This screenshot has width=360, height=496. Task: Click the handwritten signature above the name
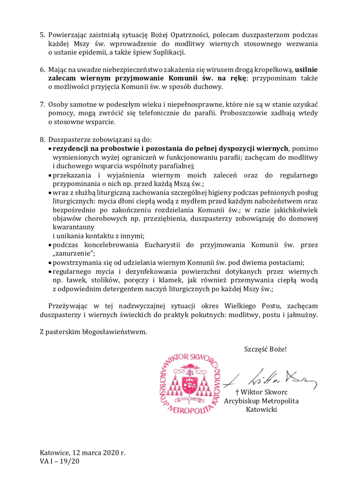point(269,378)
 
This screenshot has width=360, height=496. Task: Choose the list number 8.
point(42,140)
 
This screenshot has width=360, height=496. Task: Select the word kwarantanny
point(71,227)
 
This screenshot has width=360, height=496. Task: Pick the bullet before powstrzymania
point(50,262)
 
